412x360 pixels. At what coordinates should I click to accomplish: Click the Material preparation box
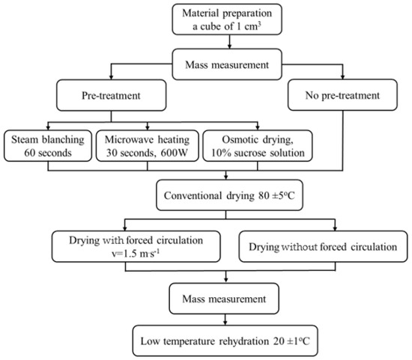227,19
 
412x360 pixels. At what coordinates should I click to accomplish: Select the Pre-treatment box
111,95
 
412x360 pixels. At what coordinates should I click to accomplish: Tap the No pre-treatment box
342,95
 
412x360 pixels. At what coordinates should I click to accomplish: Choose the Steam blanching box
48,146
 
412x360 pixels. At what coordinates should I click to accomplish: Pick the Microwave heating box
147,146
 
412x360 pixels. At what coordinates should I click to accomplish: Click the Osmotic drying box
258,146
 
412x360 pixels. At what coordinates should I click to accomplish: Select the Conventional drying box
229,195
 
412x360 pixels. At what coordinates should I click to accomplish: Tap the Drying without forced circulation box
323,246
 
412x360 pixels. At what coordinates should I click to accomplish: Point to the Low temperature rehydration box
225,341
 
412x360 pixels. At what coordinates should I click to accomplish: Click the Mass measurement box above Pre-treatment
227,64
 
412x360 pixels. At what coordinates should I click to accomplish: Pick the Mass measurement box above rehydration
224,299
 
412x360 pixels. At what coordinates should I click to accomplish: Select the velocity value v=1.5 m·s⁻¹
136,254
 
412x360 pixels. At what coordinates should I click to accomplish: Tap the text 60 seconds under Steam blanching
48,153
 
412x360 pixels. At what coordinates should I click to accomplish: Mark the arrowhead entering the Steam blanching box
48,128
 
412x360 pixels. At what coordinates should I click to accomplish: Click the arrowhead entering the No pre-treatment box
342,76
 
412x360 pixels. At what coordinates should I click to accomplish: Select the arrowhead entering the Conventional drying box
226,177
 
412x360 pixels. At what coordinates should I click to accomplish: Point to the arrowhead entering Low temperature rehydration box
225,323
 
